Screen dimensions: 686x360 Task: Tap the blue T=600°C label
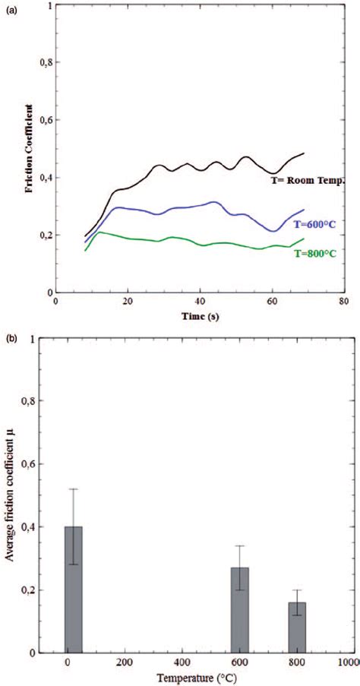pos(314,226)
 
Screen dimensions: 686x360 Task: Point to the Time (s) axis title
pos(199,315)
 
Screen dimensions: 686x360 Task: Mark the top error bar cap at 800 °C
pos(297,590)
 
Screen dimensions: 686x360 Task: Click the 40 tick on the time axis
pos(200,301)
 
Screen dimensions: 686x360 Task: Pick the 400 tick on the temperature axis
pos(182,662)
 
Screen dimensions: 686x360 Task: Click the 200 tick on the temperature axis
pos(124,662)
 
